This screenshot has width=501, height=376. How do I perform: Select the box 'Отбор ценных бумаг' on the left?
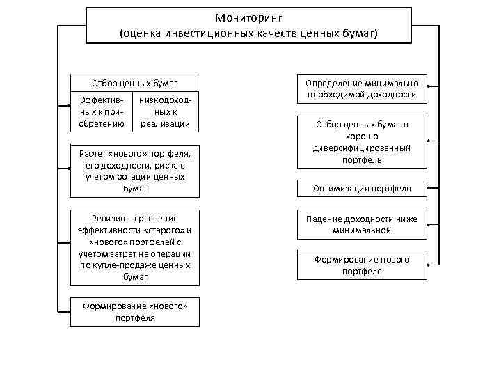(135, 83)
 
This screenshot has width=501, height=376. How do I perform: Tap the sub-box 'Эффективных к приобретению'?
(102, 111)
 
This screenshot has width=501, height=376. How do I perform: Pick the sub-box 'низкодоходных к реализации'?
(165, 111)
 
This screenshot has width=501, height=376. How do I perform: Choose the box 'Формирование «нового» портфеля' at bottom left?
(135, 312)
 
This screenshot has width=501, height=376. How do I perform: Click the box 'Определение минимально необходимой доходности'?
(362, 88)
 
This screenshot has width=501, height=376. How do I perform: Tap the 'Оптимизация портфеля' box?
(362, 188)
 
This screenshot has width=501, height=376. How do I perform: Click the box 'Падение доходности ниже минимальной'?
(362, 224)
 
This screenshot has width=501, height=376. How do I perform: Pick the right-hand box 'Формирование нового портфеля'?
(362, 265)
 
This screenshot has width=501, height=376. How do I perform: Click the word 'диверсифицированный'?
(362, 148)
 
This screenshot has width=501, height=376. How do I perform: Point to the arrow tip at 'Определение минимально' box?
(428, 86)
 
